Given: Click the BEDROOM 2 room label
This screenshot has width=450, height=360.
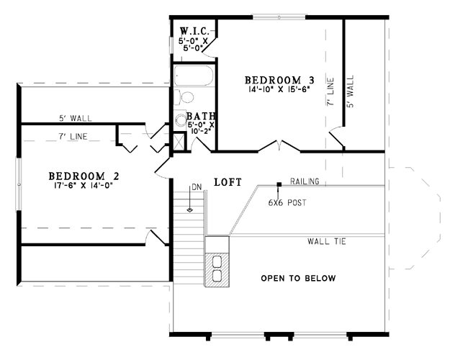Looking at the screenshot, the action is coord(84,176).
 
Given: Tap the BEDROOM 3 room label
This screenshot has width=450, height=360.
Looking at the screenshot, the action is coord(279,80).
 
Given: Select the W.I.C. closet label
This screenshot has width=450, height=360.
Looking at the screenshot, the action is coord(194,30).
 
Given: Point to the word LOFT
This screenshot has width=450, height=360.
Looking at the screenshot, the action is coord(228,182).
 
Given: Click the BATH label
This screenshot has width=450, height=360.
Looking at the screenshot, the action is coord(201,116).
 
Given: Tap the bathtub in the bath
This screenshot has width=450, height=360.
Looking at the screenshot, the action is coord(194,75).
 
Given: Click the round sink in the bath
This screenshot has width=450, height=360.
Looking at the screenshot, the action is coord(181,120).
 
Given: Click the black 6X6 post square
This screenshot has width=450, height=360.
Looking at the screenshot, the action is coord(279,184).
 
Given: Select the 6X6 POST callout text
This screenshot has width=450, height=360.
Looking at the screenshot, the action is coord(287,202).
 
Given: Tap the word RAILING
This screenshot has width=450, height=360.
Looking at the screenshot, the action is coord(305,181).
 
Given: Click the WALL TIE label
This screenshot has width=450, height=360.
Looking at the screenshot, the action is coord(327,241).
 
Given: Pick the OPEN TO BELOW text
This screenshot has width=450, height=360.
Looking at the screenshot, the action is coord(298,278).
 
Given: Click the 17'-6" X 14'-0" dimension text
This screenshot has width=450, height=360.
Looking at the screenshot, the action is coord(83,186).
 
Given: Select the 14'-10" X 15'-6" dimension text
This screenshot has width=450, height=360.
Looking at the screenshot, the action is coord(279,89).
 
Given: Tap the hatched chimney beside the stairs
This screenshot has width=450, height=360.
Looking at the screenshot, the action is coord(217,270).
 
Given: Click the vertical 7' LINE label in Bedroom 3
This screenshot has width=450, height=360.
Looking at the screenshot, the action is coord(330,91).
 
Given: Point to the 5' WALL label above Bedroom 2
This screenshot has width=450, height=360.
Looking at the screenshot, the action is coord(76,118).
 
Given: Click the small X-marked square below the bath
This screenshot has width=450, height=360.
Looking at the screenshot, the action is coord(179,142).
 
